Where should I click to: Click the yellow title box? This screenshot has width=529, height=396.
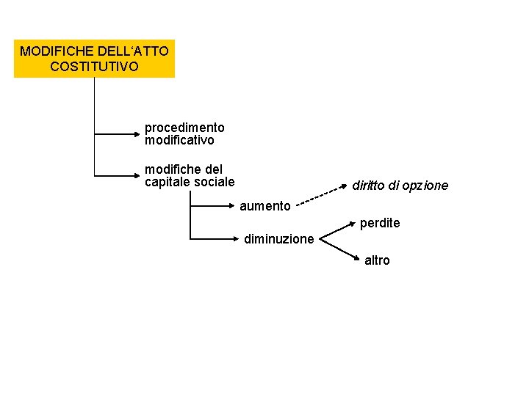click(x=94, y=59)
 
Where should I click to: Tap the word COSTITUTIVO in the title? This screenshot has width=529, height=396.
click(x=94, y=67)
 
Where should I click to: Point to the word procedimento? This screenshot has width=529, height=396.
click(x=184, y=128)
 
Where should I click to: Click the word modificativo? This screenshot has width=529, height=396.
click(x=179, y=139)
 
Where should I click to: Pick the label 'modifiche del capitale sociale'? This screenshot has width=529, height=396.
click(x=190, y=175)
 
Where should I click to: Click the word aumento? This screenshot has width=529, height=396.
click(x=264, y=206)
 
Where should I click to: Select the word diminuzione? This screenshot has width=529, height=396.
click(x=279, y=239)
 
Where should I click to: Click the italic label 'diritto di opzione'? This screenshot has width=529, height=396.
click(x=400, y=186)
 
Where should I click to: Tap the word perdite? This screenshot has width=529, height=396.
click(x=380, y=223)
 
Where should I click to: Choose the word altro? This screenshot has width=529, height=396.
click(x=377, y=260)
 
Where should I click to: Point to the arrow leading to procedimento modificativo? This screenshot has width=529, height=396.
click(x=118, y=134)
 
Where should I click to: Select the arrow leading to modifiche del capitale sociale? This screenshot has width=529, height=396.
click(x=118, y=176)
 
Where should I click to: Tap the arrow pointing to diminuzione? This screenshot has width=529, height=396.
click(x=213, y=238)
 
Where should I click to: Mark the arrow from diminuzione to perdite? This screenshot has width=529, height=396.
click(x=339, y=230)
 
